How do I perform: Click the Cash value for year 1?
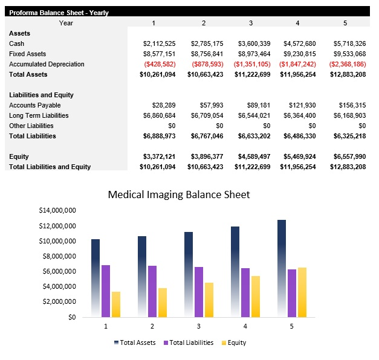[159, 43]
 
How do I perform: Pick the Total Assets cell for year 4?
[297, 74]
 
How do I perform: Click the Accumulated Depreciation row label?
[47, 64]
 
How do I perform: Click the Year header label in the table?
[66, 23]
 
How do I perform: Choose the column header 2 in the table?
[204, 23]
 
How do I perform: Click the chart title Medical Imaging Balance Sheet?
[178, 194]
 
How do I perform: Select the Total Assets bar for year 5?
[282, 269]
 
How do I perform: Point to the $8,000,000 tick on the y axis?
[57, 256]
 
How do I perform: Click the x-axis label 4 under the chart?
[245, 326]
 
